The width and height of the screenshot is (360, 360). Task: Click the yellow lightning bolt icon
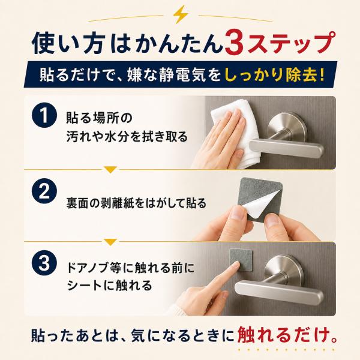point(181,14)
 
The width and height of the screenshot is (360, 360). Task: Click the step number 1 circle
point(44,115)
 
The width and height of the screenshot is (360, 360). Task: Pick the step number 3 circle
point(44,263)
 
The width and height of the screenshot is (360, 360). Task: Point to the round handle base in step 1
point(287,128)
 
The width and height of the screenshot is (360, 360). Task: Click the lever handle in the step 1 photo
point(287,148)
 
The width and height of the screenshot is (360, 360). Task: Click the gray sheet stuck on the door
point(241,260)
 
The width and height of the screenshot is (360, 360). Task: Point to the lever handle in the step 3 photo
point(279,291)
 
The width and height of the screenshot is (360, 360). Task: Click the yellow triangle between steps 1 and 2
point(110,169)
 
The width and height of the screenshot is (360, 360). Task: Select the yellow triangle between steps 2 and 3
point(110,242)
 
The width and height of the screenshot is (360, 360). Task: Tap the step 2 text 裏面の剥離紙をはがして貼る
point(136,203)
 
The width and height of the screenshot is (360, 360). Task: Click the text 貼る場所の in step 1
point(99,118)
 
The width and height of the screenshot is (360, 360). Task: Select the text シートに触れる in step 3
point(109,286)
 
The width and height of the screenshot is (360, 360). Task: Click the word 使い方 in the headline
point(67,44)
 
